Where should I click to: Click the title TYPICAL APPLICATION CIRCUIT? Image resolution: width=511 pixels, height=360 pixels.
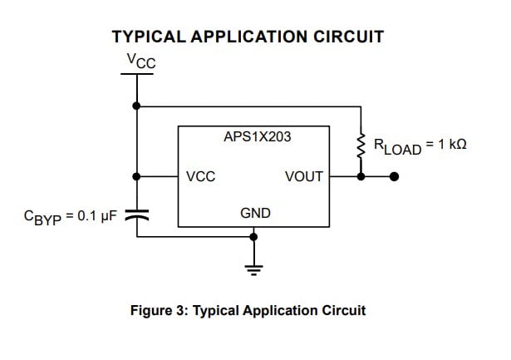[248, 37]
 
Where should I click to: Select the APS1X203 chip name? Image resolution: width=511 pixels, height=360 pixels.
[257, 136]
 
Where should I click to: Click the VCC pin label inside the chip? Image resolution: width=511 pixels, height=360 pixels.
[201, 176]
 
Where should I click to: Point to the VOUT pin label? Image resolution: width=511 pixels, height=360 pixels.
[303, 176]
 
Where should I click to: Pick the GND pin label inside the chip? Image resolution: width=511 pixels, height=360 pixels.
[255, 214]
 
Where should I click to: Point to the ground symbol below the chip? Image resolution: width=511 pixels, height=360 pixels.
[254, 268]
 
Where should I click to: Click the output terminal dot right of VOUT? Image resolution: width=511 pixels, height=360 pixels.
[395, 176]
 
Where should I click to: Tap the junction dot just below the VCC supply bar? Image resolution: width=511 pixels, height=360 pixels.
[136, 106]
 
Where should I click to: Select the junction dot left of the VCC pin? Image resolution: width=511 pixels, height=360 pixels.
[136, 176]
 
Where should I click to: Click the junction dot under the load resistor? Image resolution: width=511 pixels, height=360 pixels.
[361, 176]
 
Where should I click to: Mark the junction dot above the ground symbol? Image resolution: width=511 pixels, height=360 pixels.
[254, 237]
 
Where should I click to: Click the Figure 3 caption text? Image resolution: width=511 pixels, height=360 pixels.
[248, 310]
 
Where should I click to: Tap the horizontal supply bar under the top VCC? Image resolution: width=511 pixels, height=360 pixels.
[136, 74]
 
